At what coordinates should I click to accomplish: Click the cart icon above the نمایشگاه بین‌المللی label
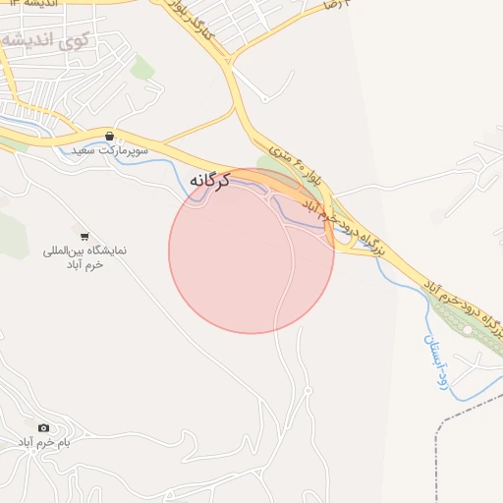[x=84, y=236]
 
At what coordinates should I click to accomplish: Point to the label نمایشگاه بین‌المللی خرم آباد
[x=85, y=259]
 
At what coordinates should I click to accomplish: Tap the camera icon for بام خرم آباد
[x=43, y=427]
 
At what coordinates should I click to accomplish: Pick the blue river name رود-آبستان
[x=434, y=360]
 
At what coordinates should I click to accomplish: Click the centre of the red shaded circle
[x=251, y=251]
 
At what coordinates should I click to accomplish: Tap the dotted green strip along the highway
[x=462, y=320]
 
